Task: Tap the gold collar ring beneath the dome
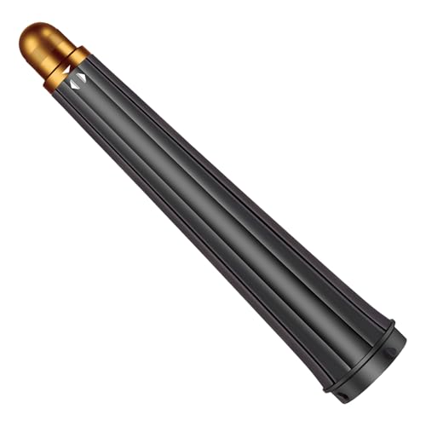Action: point(66,68)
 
